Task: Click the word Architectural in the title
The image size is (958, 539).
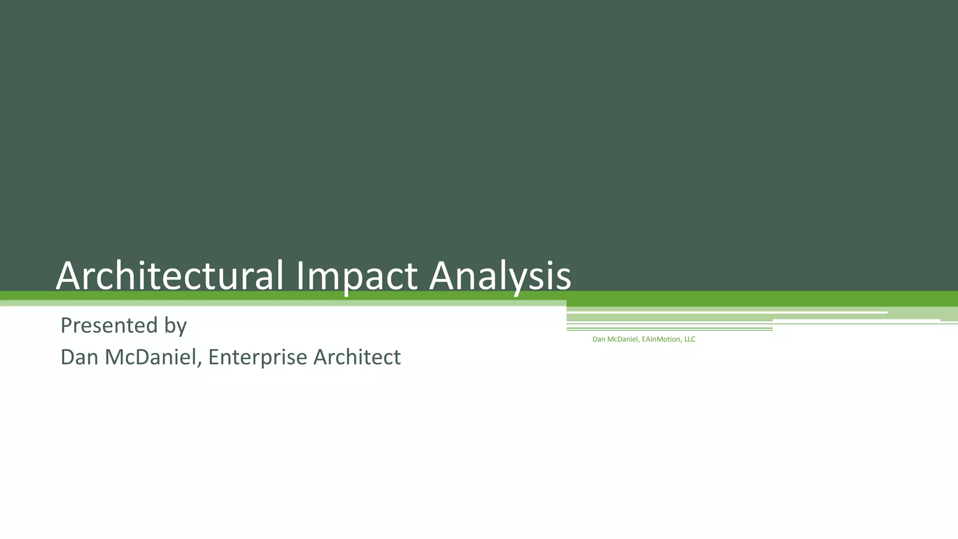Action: (169, 276)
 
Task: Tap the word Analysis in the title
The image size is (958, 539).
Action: (500, 276)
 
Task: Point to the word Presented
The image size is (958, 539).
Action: (109, 325)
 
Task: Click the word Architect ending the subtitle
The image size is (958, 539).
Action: (357, 357)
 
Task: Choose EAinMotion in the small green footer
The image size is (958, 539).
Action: (661, 339)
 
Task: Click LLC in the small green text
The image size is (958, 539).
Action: (689, 339)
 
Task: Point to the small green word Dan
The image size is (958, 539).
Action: (599, 339)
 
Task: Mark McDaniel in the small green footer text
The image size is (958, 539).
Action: (623, 339)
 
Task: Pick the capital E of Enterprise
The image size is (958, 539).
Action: (214, 357)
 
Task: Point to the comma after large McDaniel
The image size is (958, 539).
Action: (200, 364)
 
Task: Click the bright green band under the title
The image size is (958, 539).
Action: (748, 299)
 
